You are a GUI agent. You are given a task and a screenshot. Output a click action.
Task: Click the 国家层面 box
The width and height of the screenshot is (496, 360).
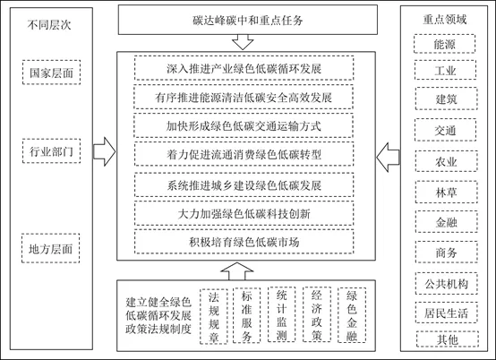(x=51, y=73)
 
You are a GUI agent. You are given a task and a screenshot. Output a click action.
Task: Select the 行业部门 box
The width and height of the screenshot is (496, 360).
(x=51, y=151)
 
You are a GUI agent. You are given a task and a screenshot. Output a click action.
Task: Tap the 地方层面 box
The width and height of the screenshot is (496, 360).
(x=51, y=248)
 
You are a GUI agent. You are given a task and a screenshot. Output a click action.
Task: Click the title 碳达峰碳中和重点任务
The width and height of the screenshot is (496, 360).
(x=248, y=21)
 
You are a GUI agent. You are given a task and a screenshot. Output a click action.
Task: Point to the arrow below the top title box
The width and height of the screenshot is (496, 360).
(x=243, y=42)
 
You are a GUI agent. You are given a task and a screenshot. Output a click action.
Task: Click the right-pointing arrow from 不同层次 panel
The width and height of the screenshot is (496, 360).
(x=105, y=151)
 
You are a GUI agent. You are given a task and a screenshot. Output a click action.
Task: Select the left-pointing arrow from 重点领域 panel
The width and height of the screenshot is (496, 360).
(x=388, y=158)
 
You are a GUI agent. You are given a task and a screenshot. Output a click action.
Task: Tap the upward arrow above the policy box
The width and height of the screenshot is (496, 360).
(x=237, y=271)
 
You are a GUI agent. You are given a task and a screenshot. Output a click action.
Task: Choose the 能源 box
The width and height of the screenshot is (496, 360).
(x=444, y=44)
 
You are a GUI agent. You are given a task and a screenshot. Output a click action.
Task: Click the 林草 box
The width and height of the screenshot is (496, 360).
(x=447, y=192)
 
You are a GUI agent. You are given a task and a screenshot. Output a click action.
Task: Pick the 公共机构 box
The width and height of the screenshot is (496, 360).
(x=447, y=284)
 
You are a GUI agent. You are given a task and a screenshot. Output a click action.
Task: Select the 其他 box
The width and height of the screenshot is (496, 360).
(x=448, y=339)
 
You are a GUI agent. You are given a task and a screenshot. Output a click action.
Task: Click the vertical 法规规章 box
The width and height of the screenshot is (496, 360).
(x=213, y=316)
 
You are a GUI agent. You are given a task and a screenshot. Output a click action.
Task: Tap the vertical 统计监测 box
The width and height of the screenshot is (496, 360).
(x=281, y=314)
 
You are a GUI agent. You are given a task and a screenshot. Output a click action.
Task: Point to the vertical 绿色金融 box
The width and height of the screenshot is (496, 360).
(x=352, y=315)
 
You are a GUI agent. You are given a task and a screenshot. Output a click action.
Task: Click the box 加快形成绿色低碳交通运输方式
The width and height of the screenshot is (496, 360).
(x=244, y=125)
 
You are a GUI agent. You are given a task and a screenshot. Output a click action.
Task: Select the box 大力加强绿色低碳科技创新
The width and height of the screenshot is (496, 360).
(x=244, y=213)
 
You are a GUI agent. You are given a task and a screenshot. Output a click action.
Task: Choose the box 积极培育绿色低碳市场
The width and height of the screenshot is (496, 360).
(x=244, y=242)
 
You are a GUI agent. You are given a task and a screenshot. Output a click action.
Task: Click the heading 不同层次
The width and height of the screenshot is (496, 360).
(x=49, y=25)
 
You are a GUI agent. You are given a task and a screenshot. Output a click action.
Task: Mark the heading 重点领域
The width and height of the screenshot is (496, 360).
(x=444, y=20)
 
